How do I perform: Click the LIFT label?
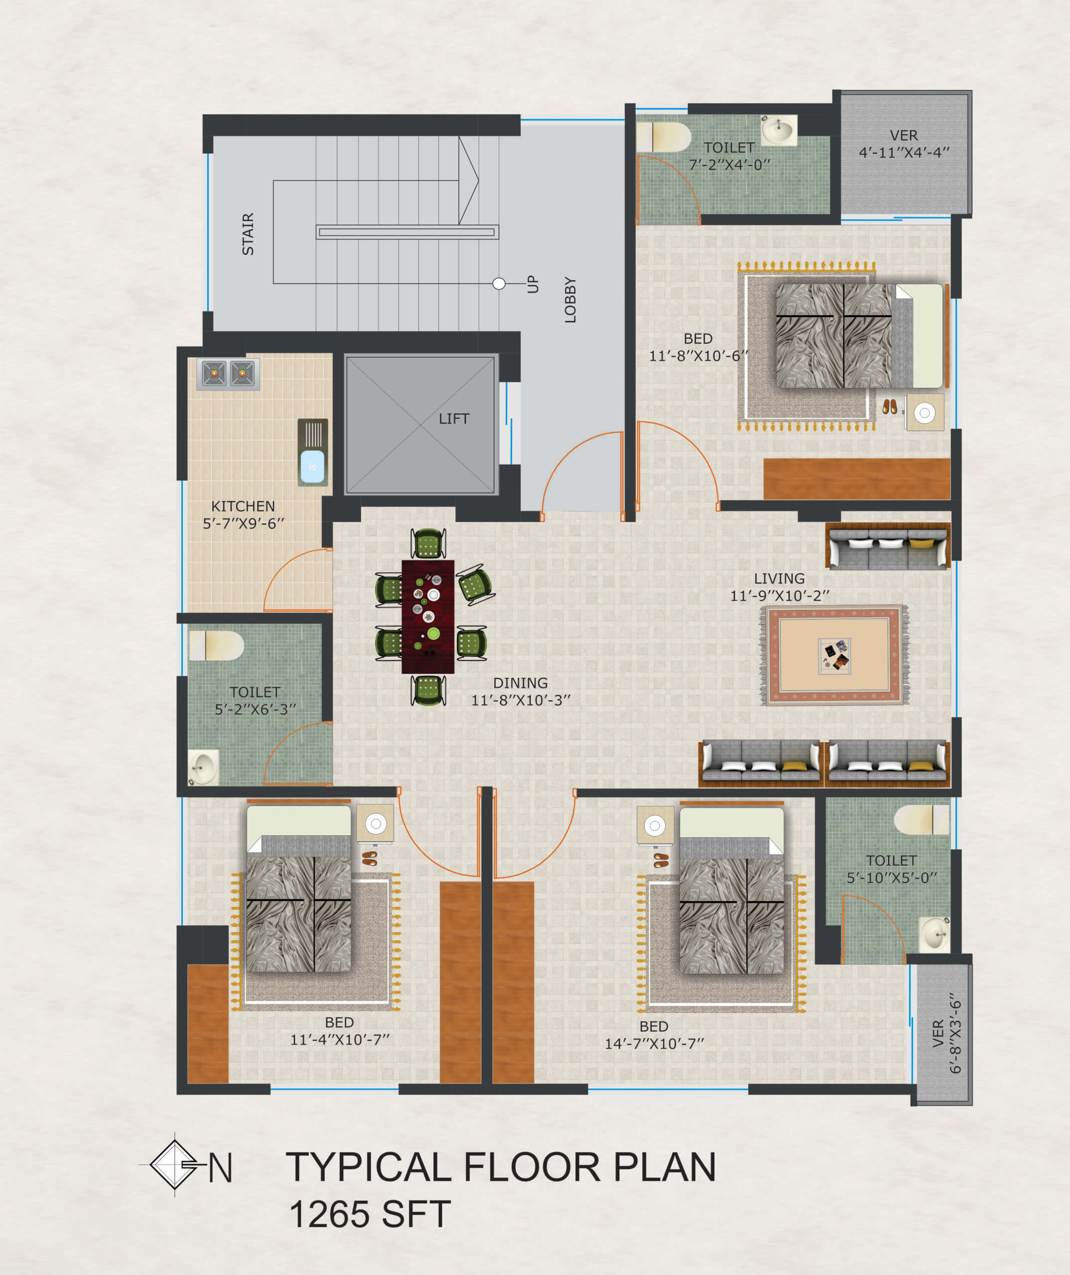[454, 418]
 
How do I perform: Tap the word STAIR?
[248, 234]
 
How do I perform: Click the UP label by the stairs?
[533, 283]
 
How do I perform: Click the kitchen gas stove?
[228, 374]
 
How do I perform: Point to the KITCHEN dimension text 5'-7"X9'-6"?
[244, 523]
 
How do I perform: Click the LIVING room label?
[779, 579]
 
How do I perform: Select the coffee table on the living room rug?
[834, 656]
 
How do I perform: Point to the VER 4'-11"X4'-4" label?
[904, 144]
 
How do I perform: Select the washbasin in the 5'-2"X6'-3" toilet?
[203, 768]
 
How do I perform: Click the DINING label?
[521, 683]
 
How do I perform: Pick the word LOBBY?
[570, 300]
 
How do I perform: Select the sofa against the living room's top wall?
[888, 546]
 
